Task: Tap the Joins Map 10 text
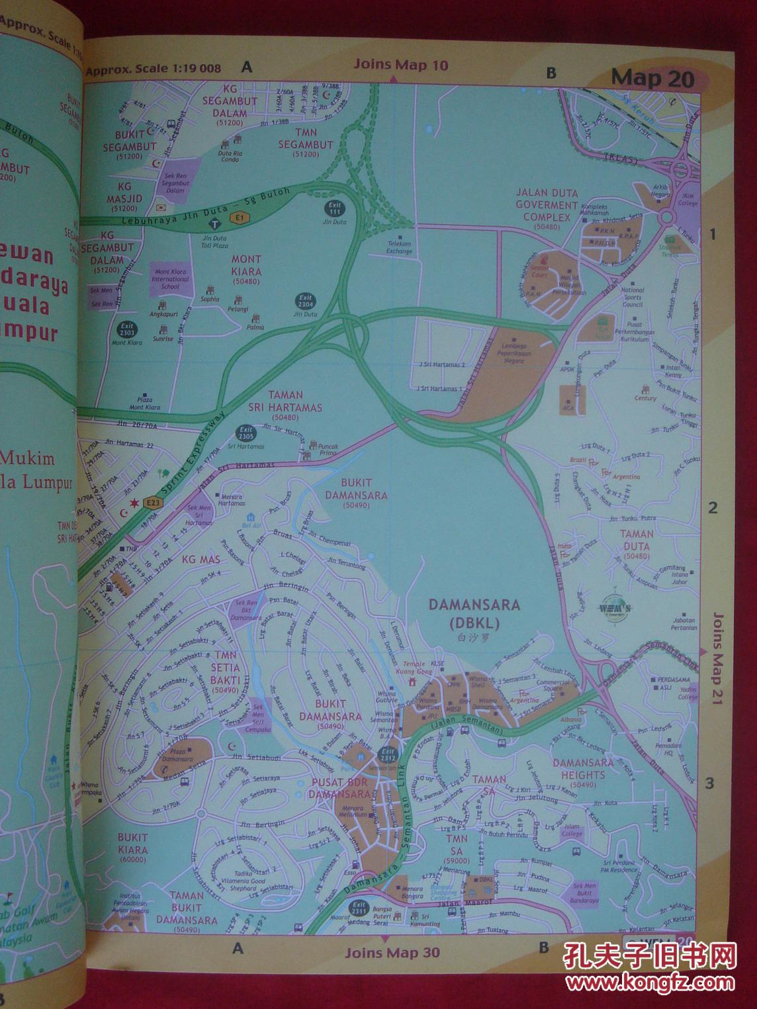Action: [x=400, y=65]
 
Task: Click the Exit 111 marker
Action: [x=334, y=210]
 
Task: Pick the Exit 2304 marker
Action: [x=305, y=302]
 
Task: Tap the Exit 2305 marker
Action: [x=246, y=434]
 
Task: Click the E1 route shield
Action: [x=236, y=217]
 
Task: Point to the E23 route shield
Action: [x=153, y=504]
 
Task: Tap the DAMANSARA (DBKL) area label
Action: [x=474, y=613]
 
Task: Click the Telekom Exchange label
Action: [x=400, y=247]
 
